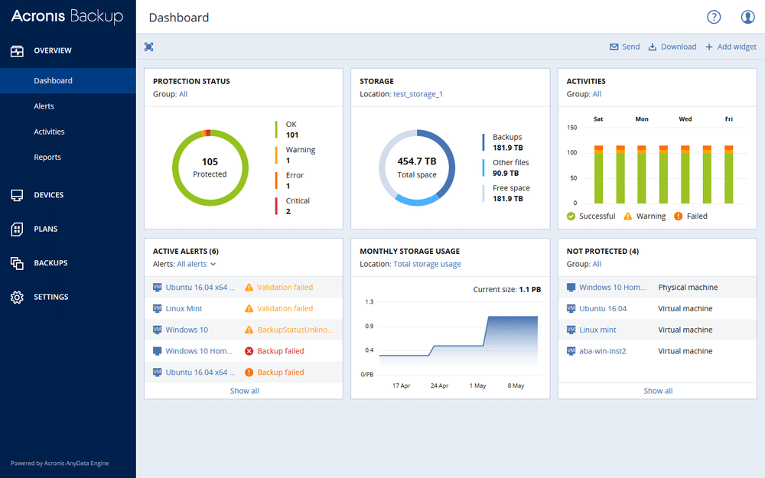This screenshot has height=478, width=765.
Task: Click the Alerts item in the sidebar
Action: (x=44, y=106)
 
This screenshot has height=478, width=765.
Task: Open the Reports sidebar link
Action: (x=47, y=158)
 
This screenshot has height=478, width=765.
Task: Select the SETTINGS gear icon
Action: (x=17, y=297)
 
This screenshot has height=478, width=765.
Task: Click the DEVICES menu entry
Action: (x=48, y=195)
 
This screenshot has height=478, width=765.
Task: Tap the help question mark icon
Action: (x=714, y=17)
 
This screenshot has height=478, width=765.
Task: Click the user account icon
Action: (x=747, y=17)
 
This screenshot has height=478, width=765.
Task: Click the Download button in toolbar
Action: (x=672, y=47)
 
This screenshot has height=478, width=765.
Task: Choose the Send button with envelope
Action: (x=624, y=47)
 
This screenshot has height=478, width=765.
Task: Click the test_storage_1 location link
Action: (x=418, y=94)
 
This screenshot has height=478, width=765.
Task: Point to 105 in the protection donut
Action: (x=210, y=161)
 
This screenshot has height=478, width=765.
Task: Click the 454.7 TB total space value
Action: (x=417, y=161)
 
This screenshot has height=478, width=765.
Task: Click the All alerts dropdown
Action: (x=196, y=264)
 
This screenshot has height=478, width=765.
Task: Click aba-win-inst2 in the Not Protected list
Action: (x=603, y=351)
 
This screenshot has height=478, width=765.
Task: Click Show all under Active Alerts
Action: (x=244, y=391)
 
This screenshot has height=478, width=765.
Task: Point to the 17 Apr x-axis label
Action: (x=402, y=385)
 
